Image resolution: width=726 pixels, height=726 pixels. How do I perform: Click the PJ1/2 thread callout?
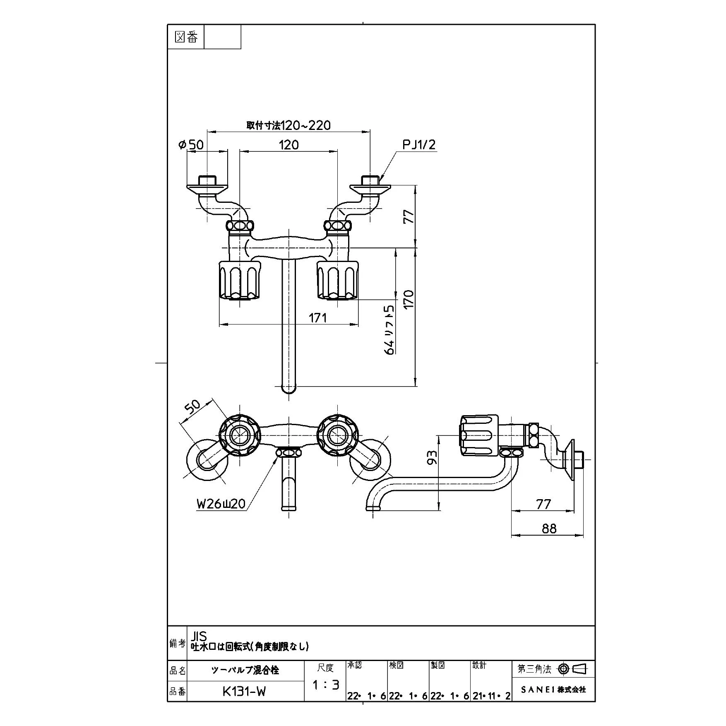click(x=419, y=145)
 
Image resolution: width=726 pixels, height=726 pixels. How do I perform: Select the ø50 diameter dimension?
click(x=191, y=145)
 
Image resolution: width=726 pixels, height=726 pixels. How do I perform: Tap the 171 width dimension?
click(x=317, y=317)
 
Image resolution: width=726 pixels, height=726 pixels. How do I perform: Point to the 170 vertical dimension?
click(x=409, y=299)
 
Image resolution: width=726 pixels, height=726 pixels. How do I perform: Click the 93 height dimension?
click(x=432, y=457)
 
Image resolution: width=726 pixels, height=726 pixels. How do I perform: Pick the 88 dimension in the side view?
click(x=549, y=529)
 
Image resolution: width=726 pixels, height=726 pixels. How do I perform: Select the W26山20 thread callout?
click(x=221, y=504)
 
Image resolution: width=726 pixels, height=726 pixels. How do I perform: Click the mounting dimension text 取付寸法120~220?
click(x=288, y=125)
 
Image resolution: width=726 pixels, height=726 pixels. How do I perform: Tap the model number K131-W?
click(x=244, y=692)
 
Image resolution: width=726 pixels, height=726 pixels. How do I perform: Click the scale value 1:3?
click(x=325, y=685)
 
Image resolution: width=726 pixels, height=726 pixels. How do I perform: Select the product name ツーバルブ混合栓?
click(x=245, y=671)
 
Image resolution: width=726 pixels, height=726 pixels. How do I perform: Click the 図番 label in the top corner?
click(x=186, y=38)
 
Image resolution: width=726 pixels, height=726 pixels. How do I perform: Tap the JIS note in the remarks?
click(x=199, y=636)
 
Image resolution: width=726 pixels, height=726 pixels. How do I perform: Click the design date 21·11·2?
click(x=491, y=696)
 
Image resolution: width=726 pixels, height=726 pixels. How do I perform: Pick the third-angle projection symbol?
click(x=572, y=669)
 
